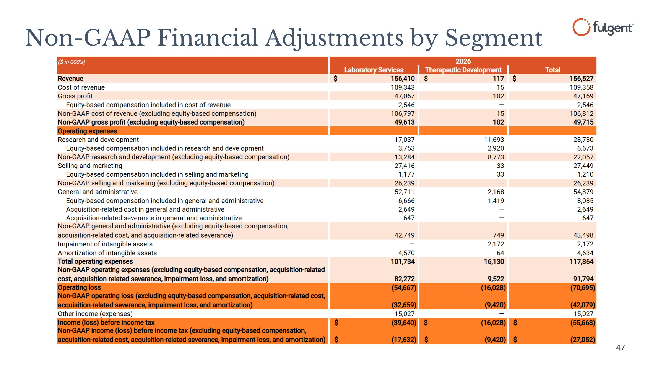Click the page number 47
pyautogui.click(x=621, y=348)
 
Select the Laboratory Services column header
pyautogui.click(x=374, y=70)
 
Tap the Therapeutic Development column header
pyautogui.click(x=463, y=70)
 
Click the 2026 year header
pyautogui.click(x=463, y=61)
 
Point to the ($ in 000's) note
pyautogui.click(x=71, y=62)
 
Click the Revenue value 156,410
pyautogui.click(x=403, y=79)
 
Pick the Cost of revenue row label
pyautogui.click(x=81, y=87)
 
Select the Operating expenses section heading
pyautogui.click(x=87, y=131)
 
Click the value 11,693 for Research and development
pyautogui.click(x=494, y=140)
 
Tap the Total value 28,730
pyautogui.click(x=583, y=140)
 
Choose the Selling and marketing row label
pyautogui.click(x=90, y=166)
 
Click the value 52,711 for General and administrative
pyautogui.click(x=405, y=192)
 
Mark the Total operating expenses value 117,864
pyautogui.click(x=581, y=262)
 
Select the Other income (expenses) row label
pyautogui.click(x=95, y=314)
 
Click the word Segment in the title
pyautogui.click(x=493, y=38)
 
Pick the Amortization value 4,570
pyautogui.click(x=406, y=253)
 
